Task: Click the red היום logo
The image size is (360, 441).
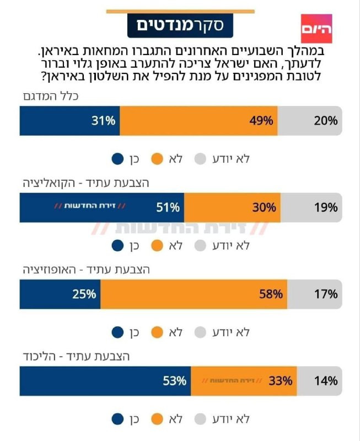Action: pyautogui.click(x=317, y=29)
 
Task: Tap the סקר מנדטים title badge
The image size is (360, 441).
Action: pyautogui.click(x=180, y=25)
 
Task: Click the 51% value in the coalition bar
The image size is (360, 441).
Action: pyautogui.click(x=168, y=208)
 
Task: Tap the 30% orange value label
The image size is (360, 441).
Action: pyautogui.click(x=264, y=208)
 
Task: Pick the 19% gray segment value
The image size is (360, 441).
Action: pyautogui.click(x=325, y=208)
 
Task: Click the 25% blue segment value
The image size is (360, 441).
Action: pyautogui.click(x=84, y=294)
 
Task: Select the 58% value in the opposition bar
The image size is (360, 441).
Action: pyautogui.click(x=271, y=294)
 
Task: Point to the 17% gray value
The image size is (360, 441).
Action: pyautogui.click(x=325, y=294)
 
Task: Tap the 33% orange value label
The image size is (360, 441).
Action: pyautogui.click(x=280, y=380)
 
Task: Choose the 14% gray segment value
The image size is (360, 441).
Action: pyautogui.click(x=325, y=380)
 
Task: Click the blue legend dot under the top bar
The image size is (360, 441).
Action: pyautogui.click(x=118, y=159)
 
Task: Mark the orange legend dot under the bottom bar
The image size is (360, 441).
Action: pyautogui.click(x=158, y=418)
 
